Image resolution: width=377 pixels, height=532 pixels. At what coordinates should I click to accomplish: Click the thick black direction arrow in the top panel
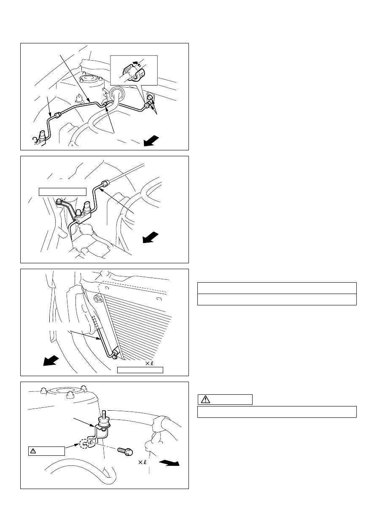pos(151,141)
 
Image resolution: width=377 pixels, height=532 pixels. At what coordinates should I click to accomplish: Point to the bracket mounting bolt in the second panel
pos(58,202)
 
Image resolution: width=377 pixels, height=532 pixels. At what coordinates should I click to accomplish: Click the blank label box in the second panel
pos(62,192)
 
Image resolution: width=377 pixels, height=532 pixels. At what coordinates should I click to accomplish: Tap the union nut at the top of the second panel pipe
pos(105,183)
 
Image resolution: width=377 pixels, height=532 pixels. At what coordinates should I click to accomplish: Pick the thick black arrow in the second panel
pos(150,237)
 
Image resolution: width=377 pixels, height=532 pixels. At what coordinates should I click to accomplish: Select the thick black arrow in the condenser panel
pos(51,360)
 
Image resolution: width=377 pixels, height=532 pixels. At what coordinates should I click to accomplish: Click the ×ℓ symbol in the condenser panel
pos(149,363)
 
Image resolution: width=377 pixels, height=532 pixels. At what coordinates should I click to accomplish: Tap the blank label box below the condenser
pos(140,370)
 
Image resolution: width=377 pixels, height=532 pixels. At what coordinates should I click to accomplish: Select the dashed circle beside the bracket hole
pos(85,444)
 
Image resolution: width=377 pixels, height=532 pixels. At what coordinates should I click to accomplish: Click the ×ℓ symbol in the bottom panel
pos(143,462)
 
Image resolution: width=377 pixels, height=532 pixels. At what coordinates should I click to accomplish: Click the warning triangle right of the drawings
pos(205,399)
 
